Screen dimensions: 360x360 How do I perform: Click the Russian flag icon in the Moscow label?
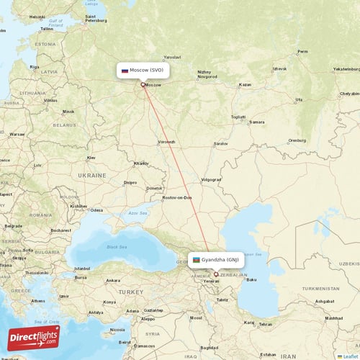click(x=125, y=71)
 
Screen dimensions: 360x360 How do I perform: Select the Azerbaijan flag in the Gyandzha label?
click(x=197, y=260)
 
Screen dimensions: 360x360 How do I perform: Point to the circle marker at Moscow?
click(x=143, y=84)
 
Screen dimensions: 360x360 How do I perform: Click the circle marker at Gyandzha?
click(x=215, y=274)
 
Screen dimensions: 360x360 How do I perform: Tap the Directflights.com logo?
click(x=33, y=337)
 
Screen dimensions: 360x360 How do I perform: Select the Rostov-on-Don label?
click(x=177, y=197)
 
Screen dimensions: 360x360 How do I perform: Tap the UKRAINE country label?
click(x=91, y=175)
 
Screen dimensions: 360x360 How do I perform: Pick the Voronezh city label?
click(x=166, y=141)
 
